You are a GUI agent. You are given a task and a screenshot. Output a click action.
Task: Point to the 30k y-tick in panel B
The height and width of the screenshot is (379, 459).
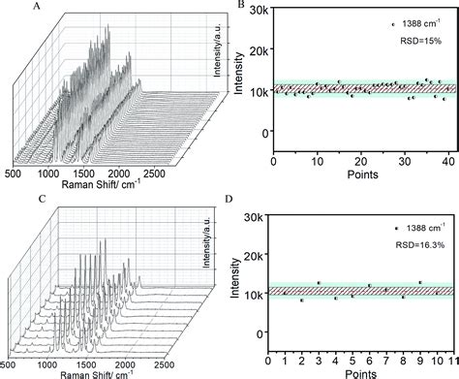coord(259,10)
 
